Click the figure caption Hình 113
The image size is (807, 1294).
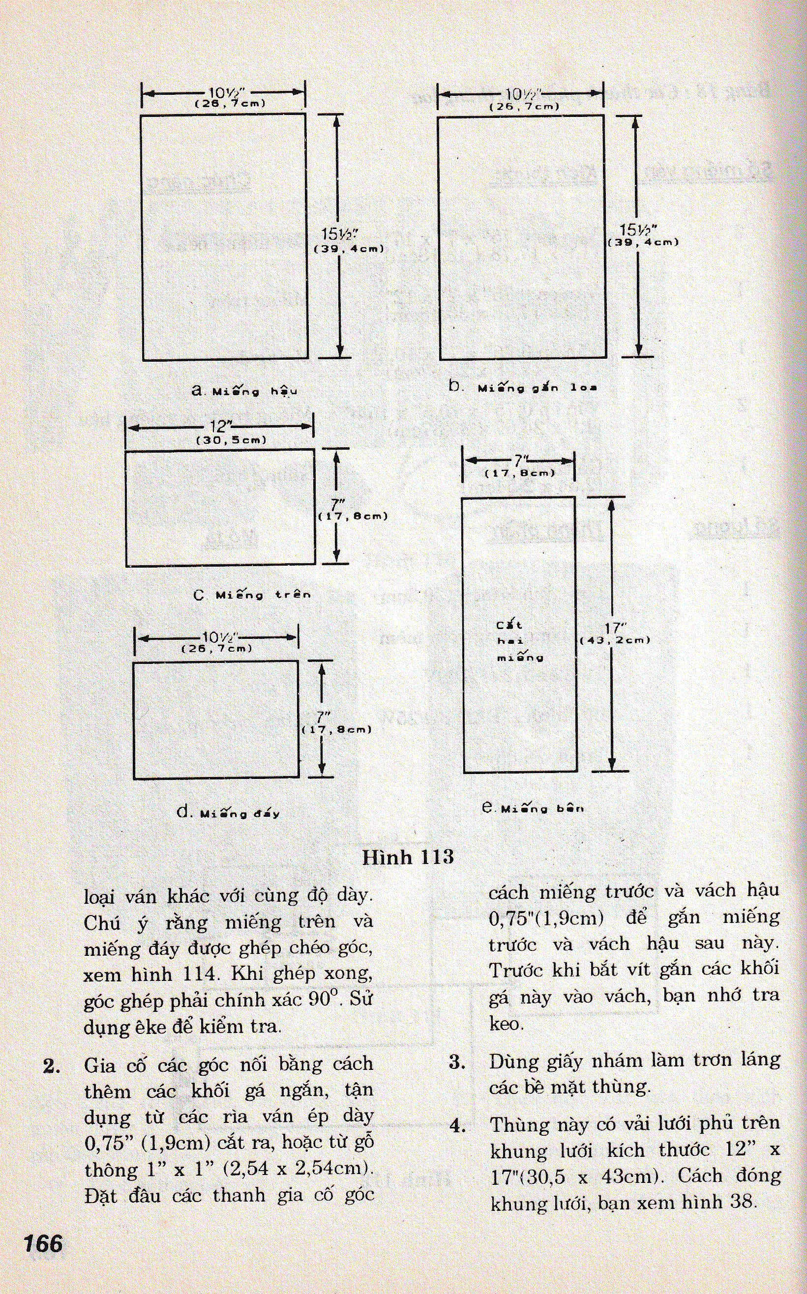408,857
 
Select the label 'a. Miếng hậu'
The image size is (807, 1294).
244,391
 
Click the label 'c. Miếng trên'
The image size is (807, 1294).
252,595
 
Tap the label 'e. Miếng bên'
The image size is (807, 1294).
532,808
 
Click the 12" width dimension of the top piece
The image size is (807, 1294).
219,426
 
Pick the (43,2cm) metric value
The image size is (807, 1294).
615,640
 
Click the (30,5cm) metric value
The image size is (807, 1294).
231,440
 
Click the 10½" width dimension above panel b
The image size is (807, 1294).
524,94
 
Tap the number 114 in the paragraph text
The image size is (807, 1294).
200,974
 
